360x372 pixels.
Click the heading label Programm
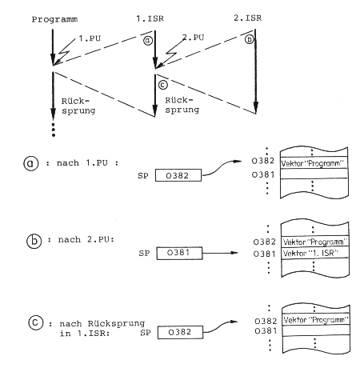click(54, 19)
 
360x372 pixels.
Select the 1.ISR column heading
click(150, 18)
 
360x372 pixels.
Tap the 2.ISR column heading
click(248, 18)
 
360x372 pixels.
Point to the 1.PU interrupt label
click(90, 38)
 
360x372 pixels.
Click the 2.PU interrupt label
click(193, 38)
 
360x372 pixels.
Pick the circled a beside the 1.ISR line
click(148, 41)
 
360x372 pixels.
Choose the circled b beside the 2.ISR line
click(249, 39)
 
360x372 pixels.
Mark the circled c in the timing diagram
click(162, 85)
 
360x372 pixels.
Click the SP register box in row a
click(178, 175)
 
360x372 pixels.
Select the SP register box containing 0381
click(179, 253)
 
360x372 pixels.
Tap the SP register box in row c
click(180, 332)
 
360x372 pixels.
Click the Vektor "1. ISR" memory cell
click(315, 253)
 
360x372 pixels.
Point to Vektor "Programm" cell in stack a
click(314, 163)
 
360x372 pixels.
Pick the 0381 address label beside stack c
click(266, 331)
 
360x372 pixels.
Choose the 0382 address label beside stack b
click(264, 242)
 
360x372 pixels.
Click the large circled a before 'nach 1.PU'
click(31, 163)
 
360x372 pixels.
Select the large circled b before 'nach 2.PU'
click(34, 241)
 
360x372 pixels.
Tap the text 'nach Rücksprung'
click(102, 324)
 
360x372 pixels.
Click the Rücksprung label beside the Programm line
click(78, 106)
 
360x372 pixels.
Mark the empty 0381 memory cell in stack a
click(314, 174)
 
